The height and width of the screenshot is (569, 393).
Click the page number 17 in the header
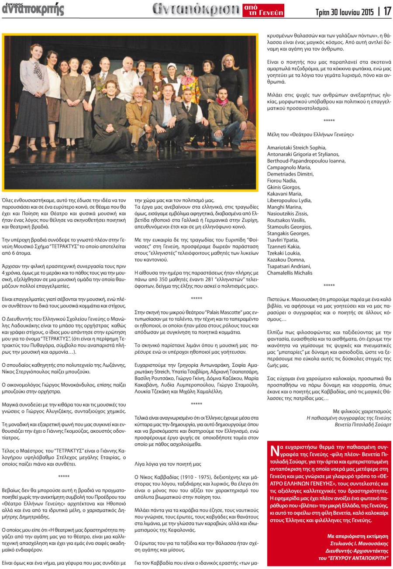click(386, 12)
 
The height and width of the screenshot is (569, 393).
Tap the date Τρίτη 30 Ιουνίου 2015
click(345, 12)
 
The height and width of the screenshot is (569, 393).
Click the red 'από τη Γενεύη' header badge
click(263, 10)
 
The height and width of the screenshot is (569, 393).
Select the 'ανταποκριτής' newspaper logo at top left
click(33, 9)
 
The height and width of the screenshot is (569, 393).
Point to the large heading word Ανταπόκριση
click(196, 10)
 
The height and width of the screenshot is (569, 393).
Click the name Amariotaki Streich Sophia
click(296, 148)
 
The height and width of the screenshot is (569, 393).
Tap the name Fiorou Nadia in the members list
click(282, 180)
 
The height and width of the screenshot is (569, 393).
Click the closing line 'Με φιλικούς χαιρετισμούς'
click(362, 411)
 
